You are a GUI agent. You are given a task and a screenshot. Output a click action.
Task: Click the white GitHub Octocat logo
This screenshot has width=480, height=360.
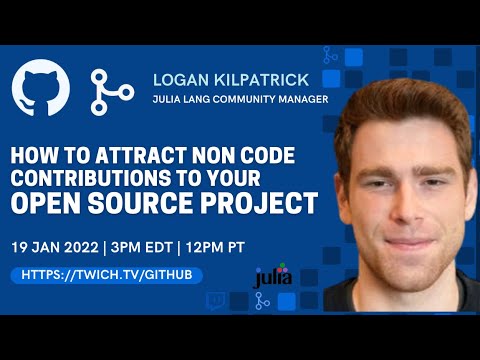pos(42,89)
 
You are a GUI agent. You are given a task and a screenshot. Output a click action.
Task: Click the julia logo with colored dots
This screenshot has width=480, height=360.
pos(272,275)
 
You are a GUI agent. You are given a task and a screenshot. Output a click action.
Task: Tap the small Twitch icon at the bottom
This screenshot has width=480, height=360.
pos(215,299)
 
